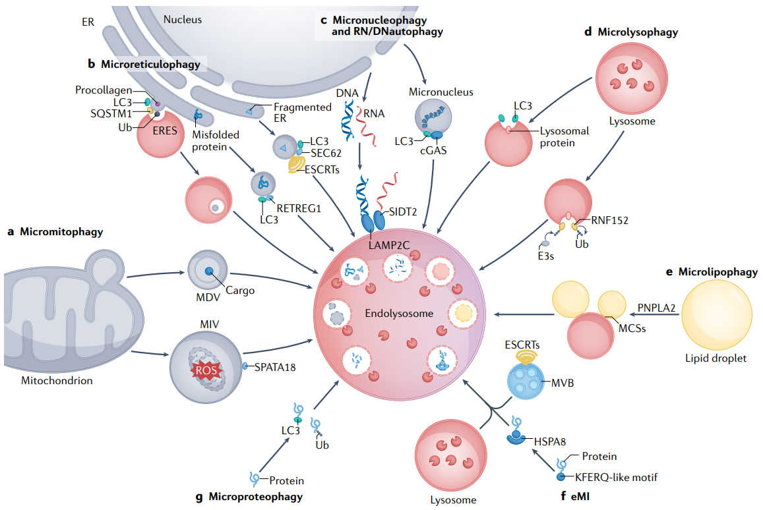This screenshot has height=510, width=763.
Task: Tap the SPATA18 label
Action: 274,368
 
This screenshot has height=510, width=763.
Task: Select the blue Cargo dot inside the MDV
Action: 209,271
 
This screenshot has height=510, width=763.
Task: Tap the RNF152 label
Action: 610,221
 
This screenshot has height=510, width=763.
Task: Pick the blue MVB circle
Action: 526,382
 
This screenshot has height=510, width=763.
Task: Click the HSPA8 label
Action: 549,441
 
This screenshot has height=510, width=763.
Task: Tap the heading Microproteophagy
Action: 255,496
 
